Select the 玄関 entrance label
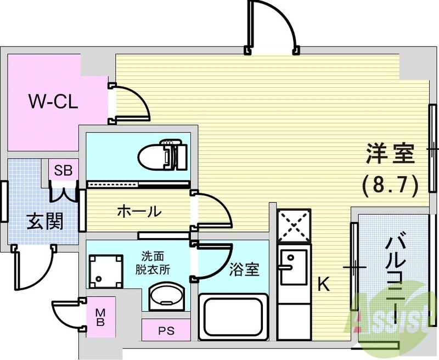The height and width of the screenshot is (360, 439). point(44,221)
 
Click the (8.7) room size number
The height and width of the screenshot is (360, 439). point(390,183)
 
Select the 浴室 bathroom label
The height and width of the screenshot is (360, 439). point(245,269)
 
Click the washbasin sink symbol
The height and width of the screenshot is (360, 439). point(164,299)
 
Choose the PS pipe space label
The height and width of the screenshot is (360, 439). point(165,331)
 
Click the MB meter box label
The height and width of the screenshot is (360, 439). point(101,317)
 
